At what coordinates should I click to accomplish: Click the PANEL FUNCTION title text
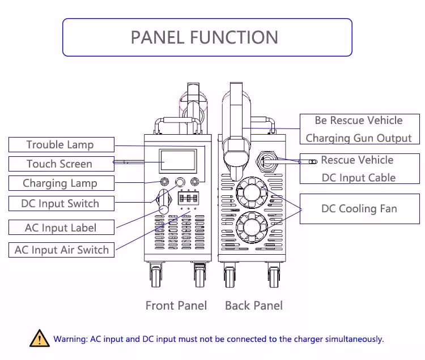click(205, 37)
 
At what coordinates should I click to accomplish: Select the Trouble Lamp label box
click(60, 144)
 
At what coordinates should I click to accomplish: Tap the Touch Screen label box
click(59, 164)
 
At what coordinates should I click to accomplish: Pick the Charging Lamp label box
click(60, 183)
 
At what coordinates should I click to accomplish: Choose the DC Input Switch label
click(60, 204)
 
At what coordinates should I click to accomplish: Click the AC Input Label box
click(61, 228)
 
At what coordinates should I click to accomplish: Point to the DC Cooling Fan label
click(359, 209)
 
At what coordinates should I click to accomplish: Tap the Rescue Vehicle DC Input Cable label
click(359, 169)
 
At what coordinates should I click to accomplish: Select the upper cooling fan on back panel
click(250, 191)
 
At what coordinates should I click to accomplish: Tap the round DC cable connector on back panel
click(268, 160)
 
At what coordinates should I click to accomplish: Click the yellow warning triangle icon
click(39, 338)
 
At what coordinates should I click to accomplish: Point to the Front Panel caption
click(176, 306)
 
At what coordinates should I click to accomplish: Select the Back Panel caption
click(253, 306)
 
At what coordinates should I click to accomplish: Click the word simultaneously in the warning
click(354, 339)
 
